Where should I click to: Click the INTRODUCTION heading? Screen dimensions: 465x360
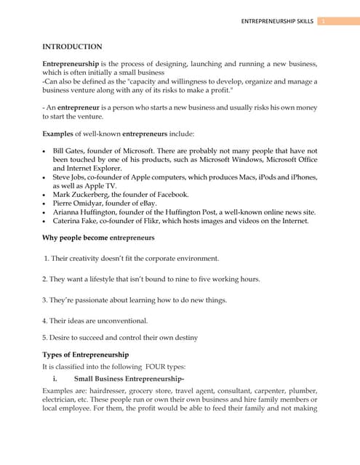click(x=72, y=46)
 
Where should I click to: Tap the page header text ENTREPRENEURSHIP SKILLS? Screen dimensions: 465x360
click(x=277, y=21)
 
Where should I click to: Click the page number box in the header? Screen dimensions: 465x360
click(x=324, y=21)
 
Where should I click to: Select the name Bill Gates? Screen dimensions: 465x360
click(x=69, y=150)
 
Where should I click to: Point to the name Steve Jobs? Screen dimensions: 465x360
click(x=71, y=177)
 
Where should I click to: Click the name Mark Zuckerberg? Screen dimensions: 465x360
click(x=81, y=194)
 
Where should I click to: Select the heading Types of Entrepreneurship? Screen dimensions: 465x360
click(x=86, y=355)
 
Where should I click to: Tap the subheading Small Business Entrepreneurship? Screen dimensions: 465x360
click(x=128, y=379)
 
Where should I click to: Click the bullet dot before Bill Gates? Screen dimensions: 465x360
click(x=46, y=150)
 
